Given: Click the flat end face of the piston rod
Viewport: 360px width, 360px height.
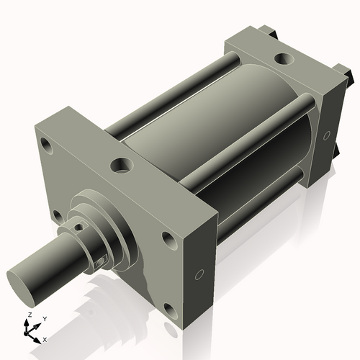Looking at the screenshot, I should [21, 279].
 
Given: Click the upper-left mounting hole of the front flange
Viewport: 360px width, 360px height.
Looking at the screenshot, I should [47, 146].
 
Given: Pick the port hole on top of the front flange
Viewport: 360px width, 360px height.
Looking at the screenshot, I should [120, 166].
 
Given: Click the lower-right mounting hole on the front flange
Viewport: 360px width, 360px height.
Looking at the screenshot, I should [169, 310].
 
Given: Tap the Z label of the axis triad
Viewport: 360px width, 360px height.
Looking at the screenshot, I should [29, 315].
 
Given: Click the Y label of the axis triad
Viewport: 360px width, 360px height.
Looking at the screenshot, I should [44, 318].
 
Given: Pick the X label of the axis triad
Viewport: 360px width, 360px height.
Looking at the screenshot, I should [45, 338].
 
